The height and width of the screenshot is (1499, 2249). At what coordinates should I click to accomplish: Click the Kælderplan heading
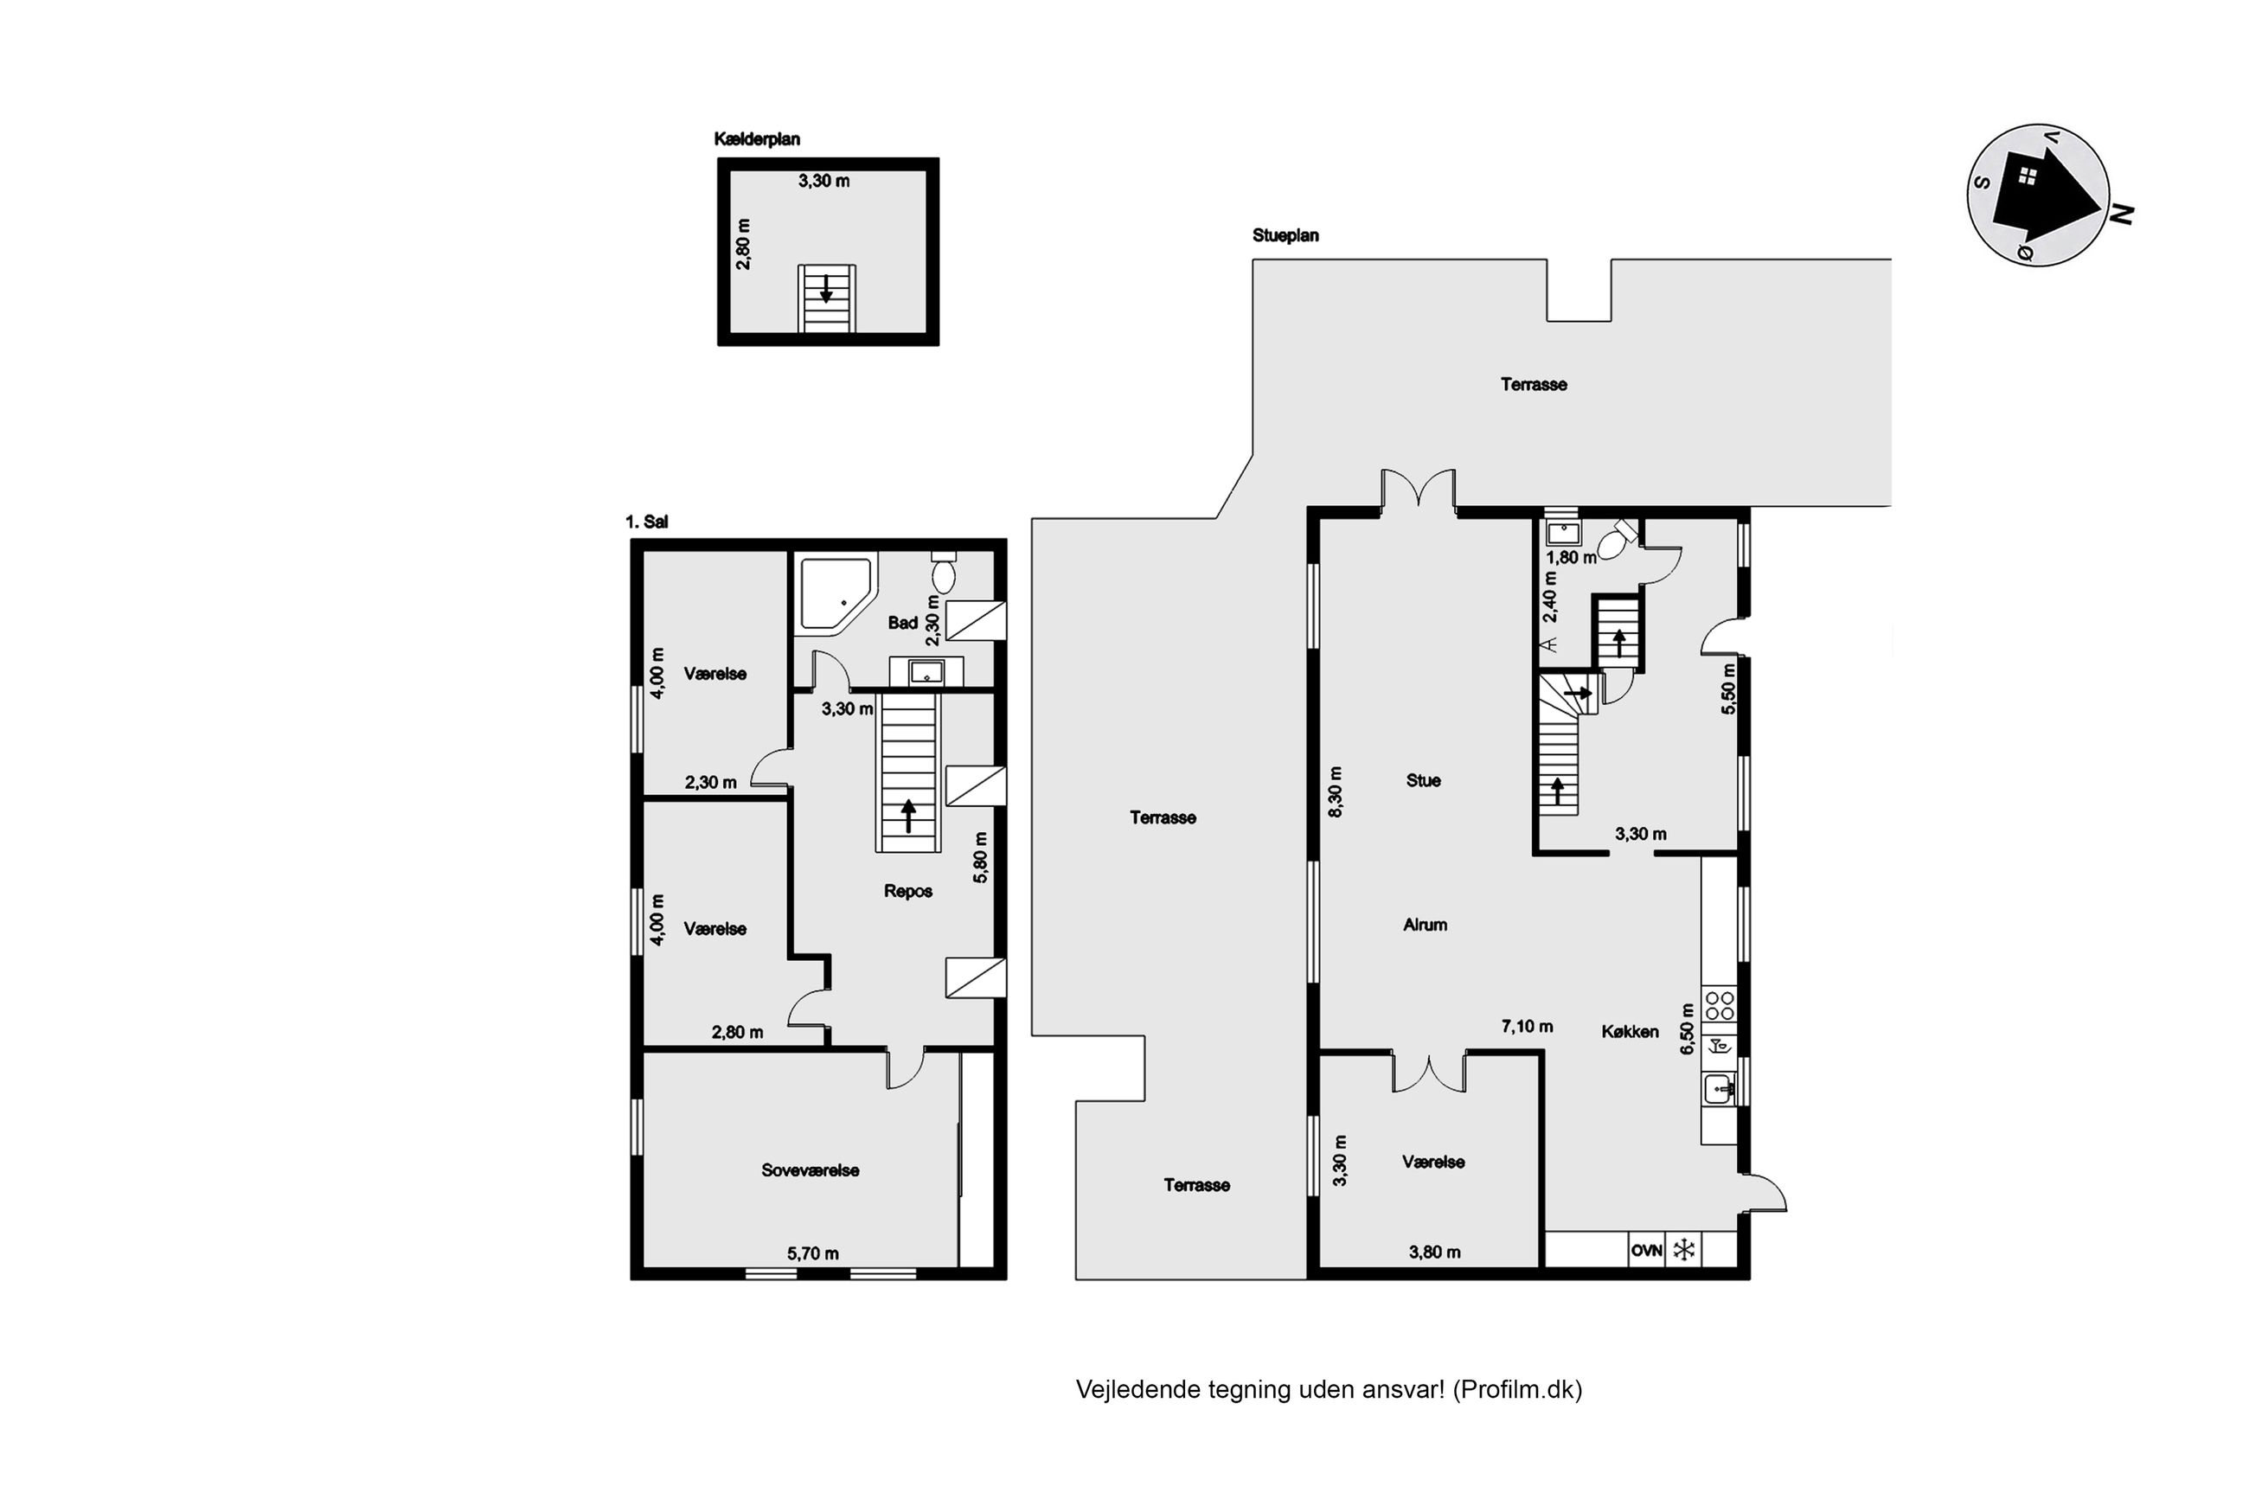pos(756,139)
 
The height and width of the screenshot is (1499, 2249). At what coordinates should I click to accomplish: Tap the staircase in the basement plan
pos(826,298)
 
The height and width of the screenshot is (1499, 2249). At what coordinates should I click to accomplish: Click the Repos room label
pos(907,891)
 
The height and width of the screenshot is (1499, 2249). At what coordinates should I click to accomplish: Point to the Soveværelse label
pos(810,1170)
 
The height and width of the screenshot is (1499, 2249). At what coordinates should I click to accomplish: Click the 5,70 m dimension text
pos(812,1253)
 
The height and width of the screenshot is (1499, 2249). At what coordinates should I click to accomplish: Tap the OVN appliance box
pos(1646,1250)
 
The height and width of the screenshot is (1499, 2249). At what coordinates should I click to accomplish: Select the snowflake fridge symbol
pos(1683,1250)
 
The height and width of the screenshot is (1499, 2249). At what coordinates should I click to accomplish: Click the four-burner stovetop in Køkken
pos(1719,1006)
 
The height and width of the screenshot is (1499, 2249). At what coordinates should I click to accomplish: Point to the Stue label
pos(1422,781)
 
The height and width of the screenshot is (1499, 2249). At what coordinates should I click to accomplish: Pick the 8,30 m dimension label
pos(1336,791)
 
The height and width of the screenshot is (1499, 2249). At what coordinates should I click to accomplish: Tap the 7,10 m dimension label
pos(1527,1027)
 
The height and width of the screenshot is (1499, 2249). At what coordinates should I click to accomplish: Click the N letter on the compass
pos(2122,215)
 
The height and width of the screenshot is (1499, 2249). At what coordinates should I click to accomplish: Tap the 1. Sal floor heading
pos(646,522)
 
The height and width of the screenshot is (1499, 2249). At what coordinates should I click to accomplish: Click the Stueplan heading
pos(1285,235)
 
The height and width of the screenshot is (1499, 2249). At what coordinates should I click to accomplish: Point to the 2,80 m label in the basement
pos(744,244)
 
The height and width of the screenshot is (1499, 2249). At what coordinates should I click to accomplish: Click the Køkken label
pos(1630,1032)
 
